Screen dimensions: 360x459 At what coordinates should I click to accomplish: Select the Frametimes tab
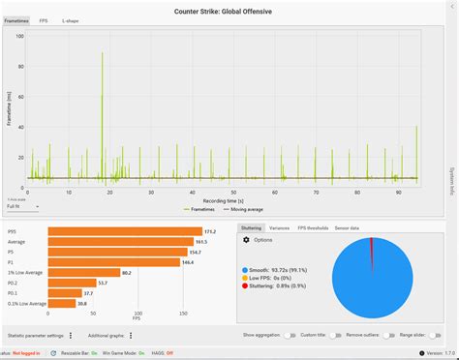point(16,19)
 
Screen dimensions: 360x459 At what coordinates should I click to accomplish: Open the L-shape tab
point(71,19)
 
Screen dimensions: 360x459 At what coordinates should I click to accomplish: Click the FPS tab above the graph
point(44,19)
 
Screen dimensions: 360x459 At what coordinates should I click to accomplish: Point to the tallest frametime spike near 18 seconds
point(102,58)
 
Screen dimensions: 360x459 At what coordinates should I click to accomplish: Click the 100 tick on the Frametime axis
point(19,36)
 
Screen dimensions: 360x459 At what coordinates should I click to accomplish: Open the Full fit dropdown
point(22,205)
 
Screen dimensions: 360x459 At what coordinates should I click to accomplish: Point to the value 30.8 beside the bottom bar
point(83,304)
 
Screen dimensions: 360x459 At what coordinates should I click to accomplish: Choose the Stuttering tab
point(252,227)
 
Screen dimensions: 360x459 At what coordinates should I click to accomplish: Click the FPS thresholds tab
point(313,227)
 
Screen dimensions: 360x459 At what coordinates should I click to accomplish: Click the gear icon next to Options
point(246,240)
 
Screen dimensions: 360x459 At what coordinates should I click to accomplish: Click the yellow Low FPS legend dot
point(245,278)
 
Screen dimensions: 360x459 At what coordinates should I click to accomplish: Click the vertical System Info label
point(451,179)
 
